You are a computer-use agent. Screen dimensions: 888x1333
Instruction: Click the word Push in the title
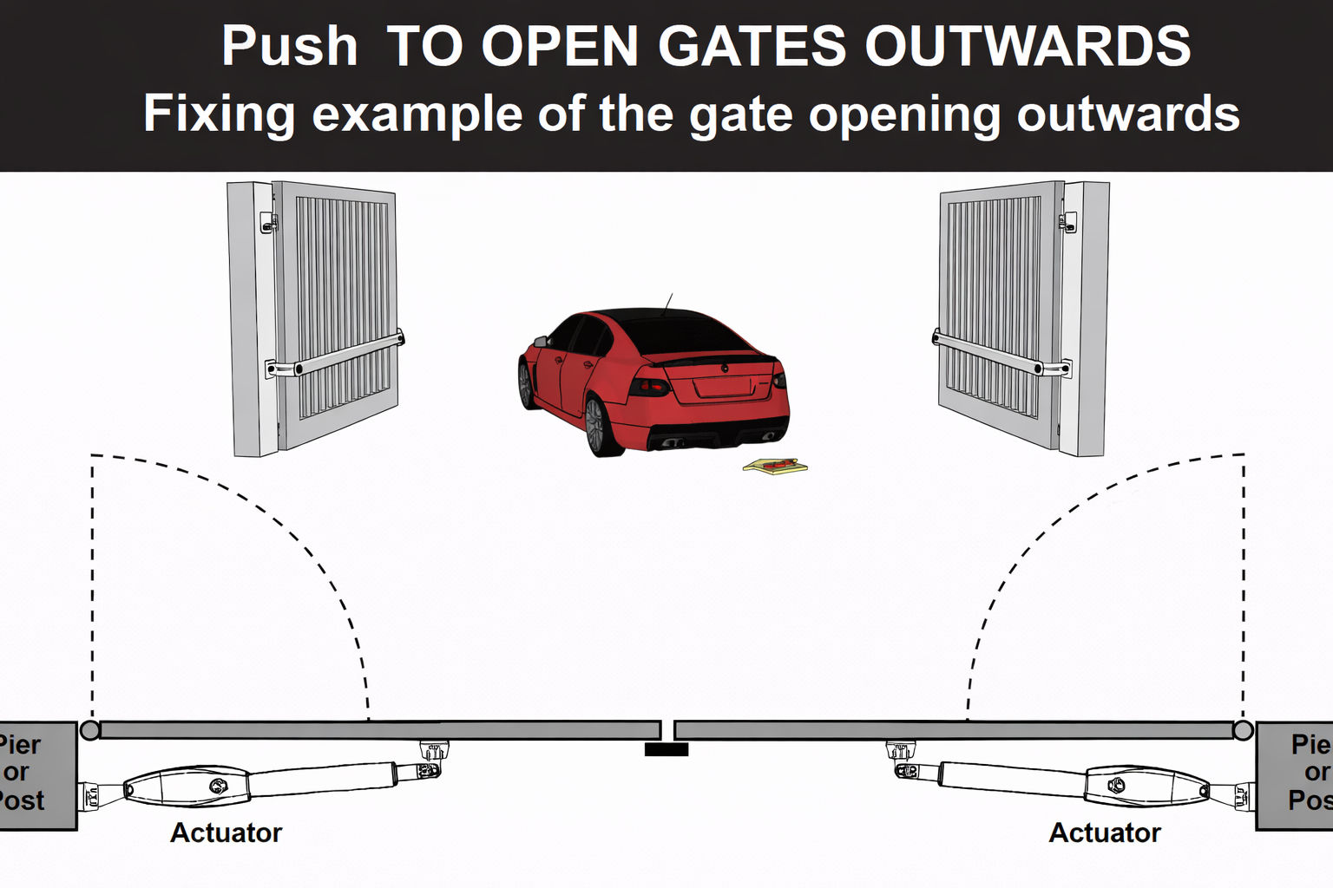[289, 47]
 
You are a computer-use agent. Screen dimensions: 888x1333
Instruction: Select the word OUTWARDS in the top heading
[1028, 47]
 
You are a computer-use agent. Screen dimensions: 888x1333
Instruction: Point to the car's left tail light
[648, 385]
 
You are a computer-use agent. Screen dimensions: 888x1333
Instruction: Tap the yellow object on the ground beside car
[774, 467]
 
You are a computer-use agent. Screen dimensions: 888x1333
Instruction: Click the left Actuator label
[226, 832]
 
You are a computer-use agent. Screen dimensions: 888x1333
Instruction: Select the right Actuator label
[1104, 832]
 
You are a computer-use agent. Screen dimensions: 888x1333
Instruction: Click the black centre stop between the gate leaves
[666, 749]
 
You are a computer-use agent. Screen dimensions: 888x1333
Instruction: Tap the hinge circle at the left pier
[89, 730]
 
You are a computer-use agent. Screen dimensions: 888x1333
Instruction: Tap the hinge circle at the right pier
[1243, 730]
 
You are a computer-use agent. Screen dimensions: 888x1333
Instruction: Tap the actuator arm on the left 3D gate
[343, 354]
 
